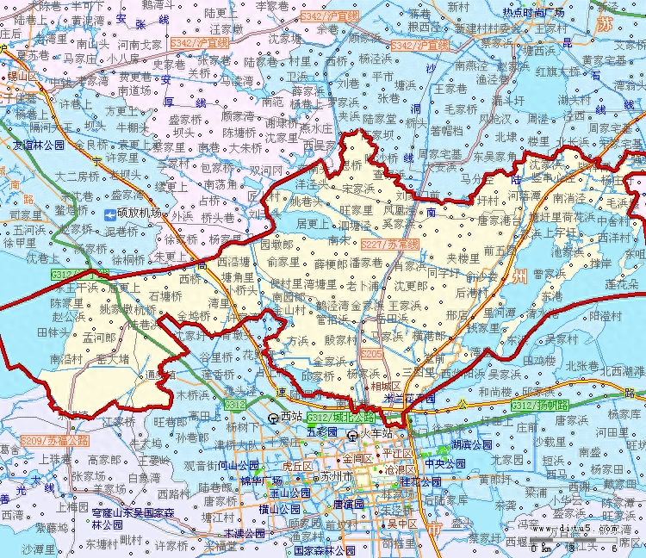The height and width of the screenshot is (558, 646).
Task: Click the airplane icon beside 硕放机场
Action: [109, 213]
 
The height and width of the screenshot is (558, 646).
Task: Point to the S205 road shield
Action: [372, 354]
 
